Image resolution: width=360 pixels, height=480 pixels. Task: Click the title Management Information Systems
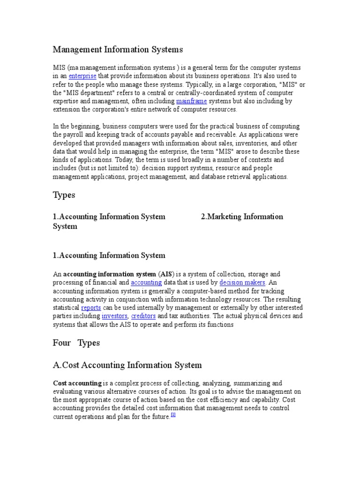coord(118,49)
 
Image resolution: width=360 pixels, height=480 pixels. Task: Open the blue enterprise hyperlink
coord(82,76)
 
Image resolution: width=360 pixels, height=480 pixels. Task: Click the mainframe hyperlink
coord(191,101)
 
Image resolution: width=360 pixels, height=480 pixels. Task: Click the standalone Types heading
coord(64,195)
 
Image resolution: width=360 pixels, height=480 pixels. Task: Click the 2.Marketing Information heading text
coord(242,217)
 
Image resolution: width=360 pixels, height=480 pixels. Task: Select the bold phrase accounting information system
coord(110,274)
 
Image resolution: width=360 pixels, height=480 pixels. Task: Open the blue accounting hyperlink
coord(146,283)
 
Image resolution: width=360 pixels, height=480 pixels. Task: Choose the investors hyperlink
coord(114,316)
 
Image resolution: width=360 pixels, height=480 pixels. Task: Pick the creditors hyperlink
coord(143,316)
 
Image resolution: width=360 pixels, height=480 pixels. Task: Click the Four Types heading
coord(76,343)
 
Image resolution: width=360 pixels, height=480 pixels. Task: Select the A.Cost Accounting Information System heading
coord(127,365)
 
